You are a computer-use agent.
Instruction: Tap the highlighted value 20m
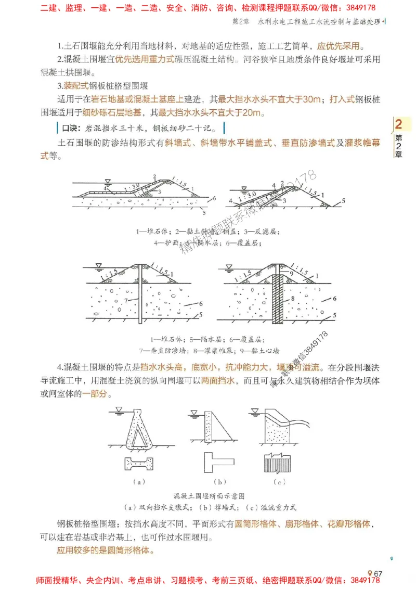[254, 112]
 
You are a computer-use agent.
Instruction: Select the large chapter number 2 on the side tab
[399, 125]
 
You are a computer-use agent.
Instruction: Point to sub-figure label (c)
[280, 482]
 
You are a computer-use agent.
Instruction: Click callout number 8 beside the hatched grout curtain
[293, 299]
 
